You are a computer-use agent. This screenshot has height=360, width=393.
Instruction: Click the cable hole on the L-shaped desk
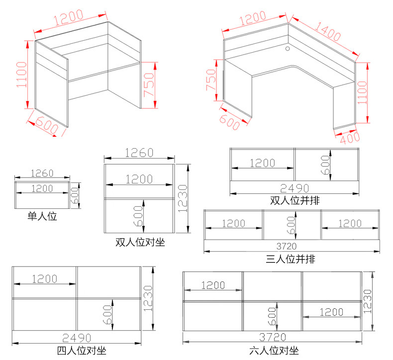click(x=288, y=48)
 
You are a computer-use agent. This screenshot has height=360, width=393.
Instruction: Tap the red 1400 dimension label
click(x=328, y=31)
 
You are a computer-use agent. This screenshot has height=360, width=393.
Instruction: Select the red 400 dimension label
click(x=350, y=138)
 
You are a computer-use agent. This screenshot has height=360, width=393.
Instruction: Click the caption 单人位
click(x=42, y=216)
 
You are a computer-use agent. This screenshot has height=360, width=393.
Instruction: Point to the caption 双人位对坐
click(x=140, y=242)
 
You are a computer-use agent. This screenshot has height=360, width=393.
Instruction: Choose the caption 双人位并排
click(x=295, y=200)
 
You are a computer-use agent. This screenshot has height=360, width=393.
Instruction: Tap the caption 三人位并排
click(x=290, y=259)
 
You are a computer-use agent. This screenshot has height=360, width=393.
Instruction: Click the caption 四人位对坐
click(x=82, y=351)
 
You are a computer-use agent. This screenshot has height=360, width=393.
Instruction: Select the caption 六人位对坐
click(x=274, y=351)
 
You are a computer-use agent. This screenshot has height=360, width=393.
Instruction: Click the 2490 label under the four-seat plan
click(x=77, y=338)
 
